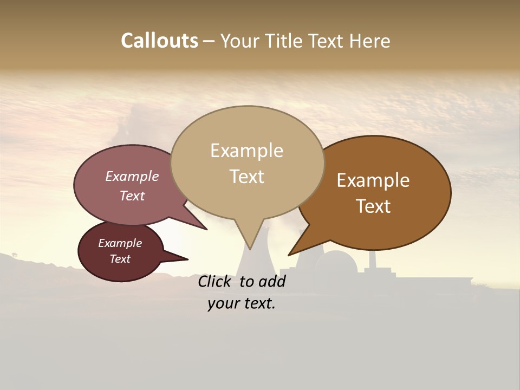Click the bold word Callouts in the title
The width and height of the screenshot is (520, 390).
pos(159,41)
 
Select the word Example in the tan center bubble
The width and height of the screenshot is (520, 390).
pos(246,151)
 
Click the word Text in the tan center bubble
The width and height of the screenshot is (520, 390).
pos(246,177)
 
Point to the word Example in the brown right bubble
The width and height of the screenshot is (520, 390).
pos(373,180)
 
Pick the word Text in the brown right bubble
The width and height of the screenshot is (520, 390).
pos(374,206)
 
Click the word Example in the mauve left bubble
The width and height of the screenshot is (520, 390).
pos(132,176)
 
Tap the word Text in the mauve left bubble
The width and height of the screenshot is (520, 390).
pos(132,196)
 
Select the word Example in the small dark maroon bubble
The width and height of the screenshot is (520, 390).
pos(120,243)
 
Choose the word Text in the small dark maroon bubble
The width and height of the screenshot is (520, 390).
pos(120,259)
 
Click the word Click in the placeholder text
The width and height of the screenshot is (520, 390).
pos(216,281)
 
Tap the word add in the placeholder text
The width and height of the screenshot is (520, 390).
pos(272,281)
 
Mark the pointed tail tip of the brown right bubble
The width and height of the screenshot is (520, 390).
pos(289,255)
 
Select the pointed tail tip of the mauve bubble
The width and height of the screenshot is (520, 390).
pos(207,230)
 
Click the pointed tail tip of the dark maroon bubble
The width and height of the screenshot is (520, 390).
pos(188,259)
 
